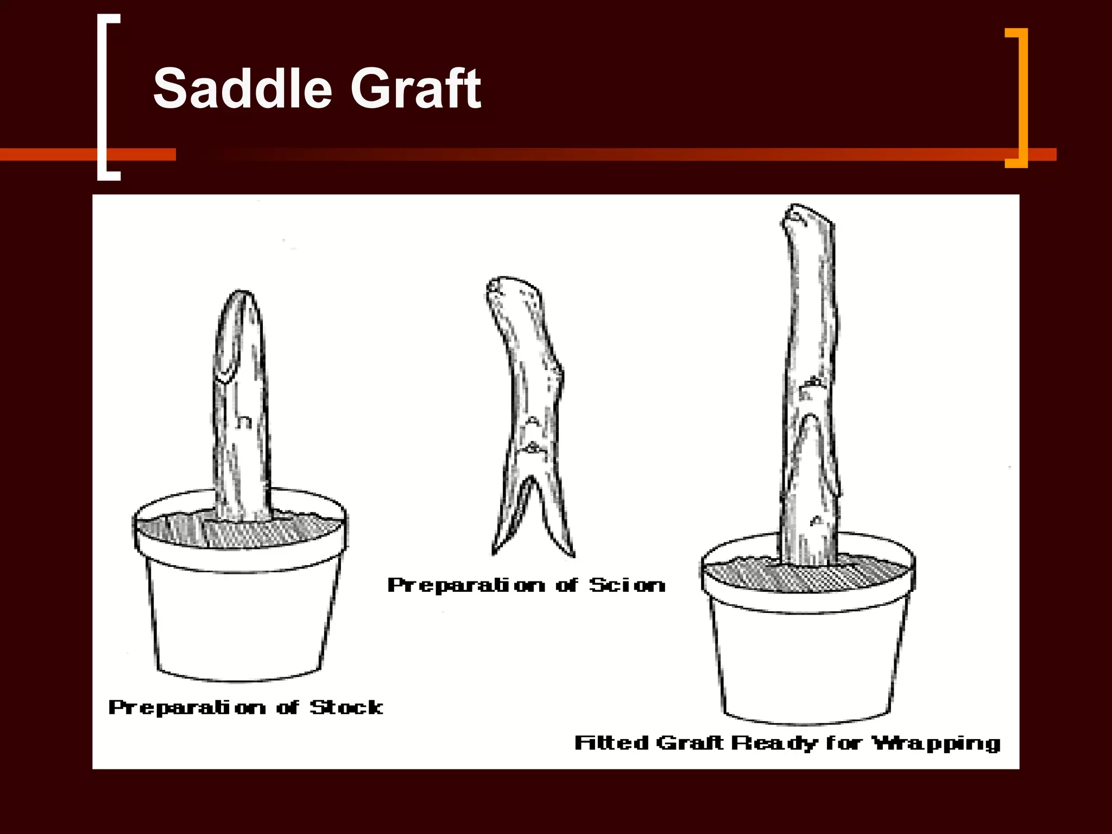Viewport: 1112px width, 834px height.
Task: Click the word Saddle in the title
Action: [x=242, y=89]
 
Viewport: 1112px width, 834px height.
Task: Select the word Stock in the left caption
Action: [x=346, y=707]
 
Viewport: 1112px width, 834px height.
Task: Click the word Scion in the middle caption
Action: [x=627, y=585]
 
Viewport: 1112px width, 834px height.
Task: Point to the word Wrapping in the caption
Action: [x=936, y=743]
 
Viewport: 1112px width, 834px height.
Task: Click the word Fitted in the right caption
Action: [x=611, y=742]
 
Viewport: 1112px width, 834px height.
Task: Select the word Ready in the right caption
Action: [x=774, y=743]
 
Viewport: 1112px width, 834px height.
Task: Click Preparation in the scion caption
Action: [x=466, y=585]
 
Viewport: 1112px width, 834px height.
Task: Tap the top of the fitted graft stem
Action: [x=807, y=214]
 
